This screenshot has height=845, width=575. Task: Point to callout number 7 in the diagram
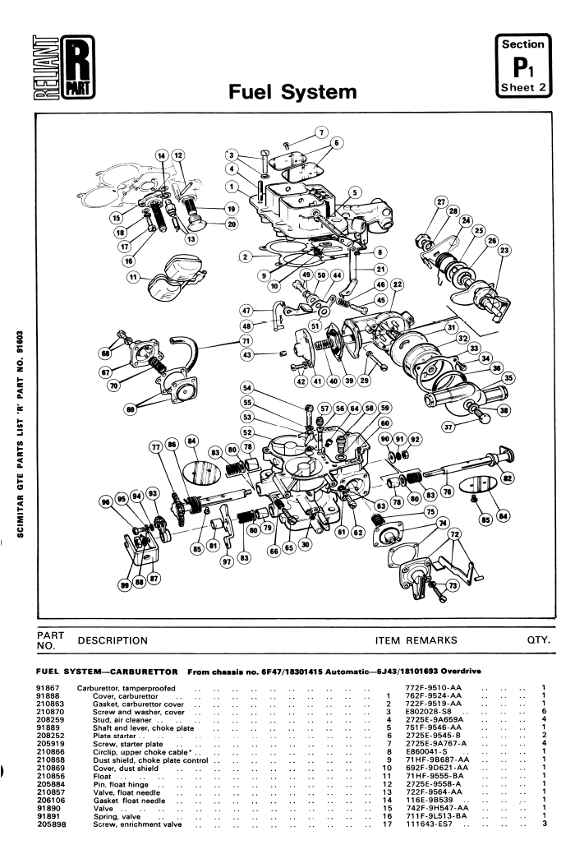pos(321,132)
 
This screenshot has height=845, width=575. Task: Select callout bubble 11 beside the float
pos(132,279)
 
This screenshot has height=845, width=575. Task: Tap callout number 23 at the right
pos(504,250)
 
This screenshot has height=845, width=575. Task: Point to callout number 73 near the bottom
pos(450,586)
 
